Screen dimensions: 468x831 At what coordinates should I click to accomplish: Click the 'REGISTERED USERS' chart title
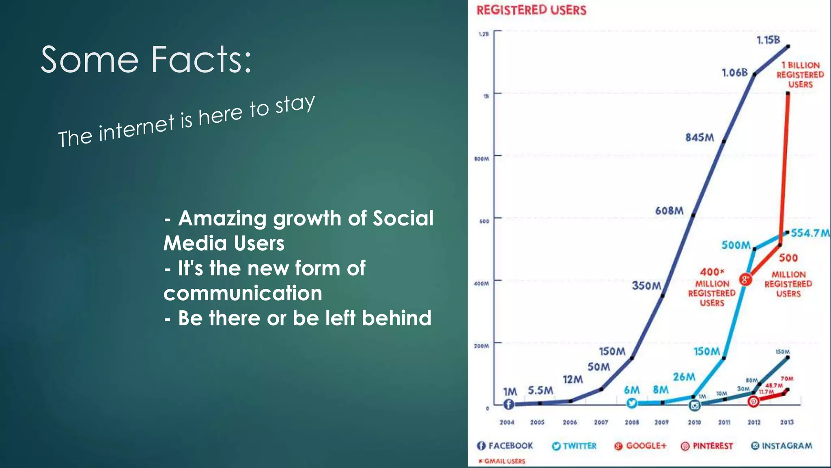click(x=531, y=10)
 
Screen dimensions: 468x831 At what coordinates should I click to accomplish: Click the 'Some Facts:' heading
click(x=146, y=60)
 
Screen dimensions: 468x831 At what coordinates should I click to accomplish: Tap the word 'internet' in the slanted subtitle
click(x=136, y=128)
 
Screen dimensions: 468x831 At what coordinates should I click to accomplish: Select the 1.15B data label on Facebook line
click(x=768, y=40)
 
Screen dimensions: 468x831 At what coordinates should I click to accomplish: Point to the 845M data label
click(x=700, y=138)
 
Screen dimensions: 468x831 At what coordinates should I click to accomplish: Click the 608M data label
click(x=669, y=211)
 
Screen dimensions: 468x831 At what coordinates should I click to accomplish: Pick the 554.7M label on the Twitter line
click(x=810, y=233)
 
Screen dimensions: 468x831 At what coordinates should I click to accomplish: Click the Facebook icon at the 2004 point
click(x=508, y=404)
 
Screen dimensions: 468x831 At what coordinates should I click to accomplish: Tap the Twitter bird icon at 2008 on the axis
click(x=632, y=403)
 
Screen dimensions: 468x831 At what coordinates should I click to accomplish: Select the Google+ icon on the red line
click(x=745, y=279)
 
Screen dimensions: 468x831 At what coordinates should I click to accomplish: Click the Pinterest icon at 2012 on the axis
click(x=753, y=402)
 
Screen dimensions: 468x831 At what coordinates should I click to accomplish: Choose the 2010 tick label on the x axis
click(x=694, y=422)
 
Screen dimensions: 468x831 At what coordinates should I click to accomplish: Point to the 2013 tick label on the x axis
click(x=787, y=422)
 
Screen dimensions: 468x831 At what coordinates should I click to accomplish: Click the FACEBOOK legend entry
click(x=505, y=446)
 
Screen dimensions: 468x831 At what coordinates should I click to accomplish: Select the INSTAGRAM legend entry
click(x=781, y=446)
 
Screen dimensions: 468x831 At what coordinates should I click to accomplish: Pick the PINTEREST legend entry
click(x=707, y=446)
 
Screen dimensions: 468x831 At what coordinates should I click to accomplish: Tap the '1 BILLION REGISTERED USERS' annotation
click(x=800, y=75)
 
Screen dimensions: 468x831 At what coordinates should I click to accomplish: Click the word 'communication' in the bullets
click(x=243, y=293)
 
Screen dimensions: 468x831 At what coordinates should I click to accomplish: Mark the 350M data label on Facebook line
click(x=646, y=286)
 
